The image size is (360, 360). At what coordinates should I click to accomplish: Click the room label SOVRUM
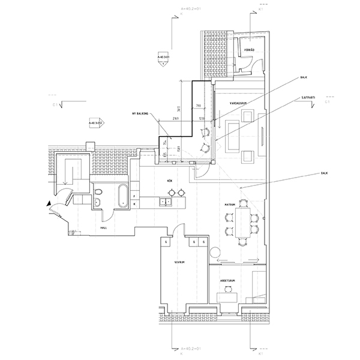[178, 262]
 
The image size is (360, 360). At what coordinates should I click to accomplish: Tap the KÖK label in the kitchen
[170, 179]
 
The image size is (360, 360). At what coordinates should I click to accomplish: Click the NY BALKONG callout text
[140, 113]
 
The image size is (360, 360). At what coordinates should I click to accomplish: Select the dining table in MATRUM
[242, 221]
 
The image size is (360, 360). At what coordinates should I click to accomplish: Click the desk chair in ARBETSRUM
[227, 289]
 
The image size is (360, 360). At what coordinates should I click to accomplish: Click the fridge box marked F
[136, 196]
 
